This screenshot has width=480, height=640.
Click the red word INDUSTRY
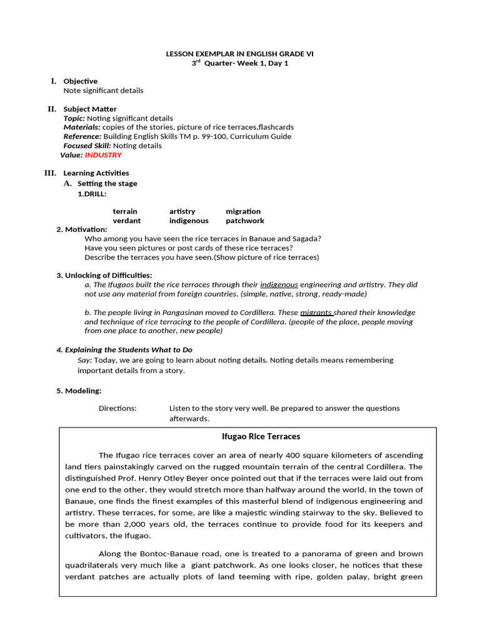pyautogui.click(x=103, y=155)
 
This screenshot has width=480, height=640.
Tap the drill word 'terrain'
pyautogui.click(x=125, y=211)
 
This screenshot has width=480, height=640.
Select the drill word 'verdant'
pyautogui.click(x=126, y=221)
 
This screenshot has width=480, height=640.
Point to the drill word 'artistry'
pyautogui.click(x=182, y=211)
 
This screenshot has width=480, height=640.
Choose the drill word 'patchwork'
pyautogui.click(x=245, y=221)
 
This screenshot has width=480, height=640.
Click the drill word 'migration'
pyautogui.click(x=243, y=211)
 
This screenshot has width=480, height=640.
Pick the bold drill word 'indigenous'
pyautogui.click(x=189, y=221)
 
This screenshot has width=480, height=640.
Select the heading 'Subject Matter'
pyautogui.click(x=90, y=109)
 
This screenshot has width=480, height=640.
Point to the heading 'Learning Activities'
pyautogui.click(x=96, y=173)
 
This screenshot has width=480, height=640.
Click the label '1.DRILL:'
pyautogui.click(x=92, y=194)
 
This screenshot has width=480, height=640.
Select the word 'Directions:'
pyautogui.click(x=117, y=408)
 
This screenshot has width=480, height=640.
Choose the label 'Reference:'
pyautogui.click(x=82, y=136)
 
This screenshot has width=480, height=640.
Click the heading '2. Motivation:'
pyautogui.click(x=82, y=229)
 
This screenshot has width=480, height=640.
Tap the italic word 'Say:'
pyautogui.click(x=85, y=360)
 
